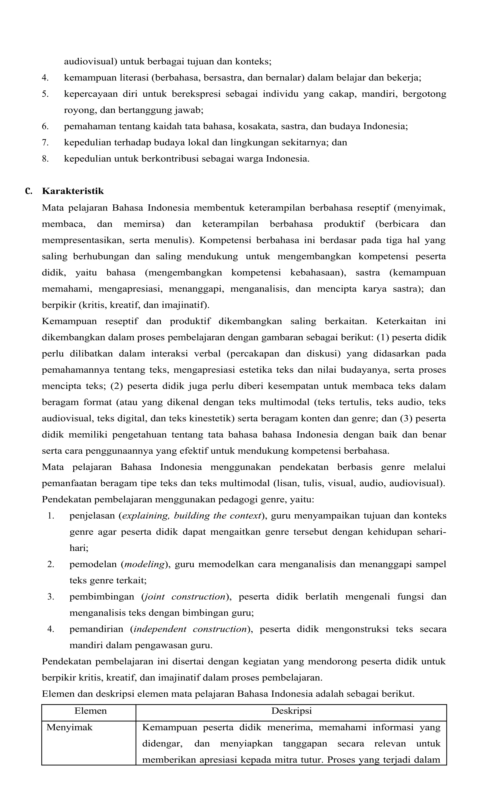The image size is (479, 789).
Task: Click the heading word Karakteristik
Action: pos(73,191)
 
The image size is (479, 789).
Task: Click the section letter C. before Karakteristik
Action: pos(29,191)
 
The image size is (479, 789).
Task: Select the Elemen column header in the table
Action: pos(90,711)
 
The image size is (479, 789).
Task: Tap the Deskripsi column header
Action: pos(291,711)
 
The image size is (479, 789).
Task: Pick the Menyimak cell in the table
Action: pos(69,727)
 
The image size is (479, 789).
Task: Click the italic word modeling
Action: pos(144,564)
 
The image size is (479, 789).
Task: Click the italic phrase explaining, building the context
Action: pos(192,516)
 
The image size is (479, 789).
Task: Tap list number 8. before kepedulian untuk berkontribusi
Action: pos(45,159)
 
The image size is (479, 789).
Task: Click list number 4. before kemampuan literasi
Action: pos(45,78)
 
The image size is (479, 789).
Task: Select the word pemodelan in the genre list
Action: pos(93,564)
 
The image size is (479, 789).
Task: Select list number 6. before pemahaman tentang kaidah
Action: pos(45,127)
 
